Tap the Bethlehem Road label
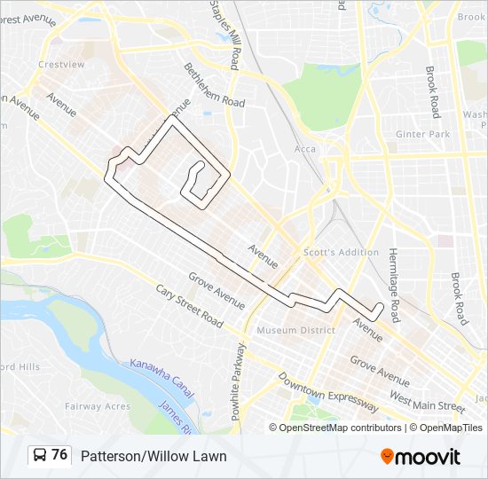(214, 84)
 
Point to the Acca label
(304, 149)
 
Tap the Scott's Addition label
(341, 252)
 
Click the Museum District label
(295, 331)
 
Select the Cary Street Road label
(189, 306)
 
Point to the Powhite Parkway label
(237, 373)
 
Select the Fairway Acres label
(98, 406)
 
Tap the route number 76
(59, 455)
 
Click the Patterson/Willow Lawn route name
(153, 456)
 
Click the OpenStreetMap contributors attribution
(340, 428)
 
